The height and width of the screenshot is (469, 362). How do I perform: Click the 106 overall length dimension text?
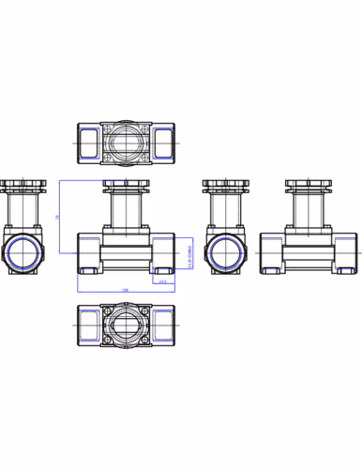(124, 290)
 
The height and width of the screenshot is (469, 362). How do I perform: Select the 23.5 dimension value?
(162, 280)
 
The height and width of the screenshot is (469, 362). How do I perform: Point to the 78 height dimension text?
(57, 217)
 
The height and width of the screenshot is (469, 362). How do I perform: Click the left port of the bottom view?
(90, 328)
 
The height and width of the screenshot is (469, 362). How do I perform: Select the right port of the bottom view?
(158, 328)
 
